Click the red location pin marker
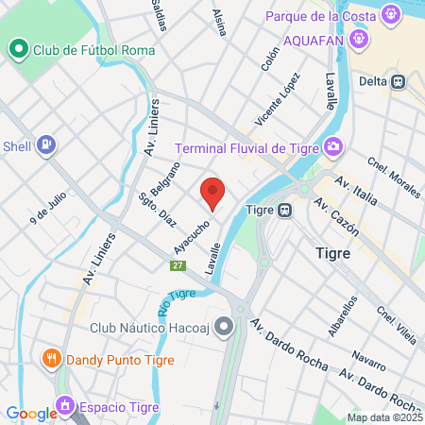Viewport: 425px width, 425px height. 212,193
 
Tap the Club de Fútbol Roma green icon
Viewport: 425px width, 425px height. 18,49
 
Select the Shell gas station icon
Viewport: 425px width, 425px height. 45,145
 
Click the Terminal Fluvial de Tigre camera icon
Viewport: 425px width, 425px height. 332,146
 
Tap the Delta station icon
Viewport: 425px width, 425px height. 399,81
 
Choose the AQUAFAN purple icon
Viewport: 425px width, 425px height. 357,40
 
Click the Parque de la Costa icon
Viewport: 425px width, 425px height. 391,16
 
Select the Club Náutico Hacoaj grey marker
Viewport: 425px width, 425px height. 224,328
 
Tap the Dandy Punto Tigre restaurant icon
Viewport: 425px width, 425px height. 52,359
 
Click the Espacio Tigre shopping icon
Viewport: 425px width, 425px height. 66,407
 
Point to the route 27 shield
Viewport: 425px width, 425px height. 178,265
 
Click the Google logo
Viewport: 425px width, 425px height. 31,413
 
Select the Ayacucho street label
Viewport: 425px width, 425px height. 191,236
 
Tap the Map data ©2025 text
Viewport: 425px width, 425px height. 384,417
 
